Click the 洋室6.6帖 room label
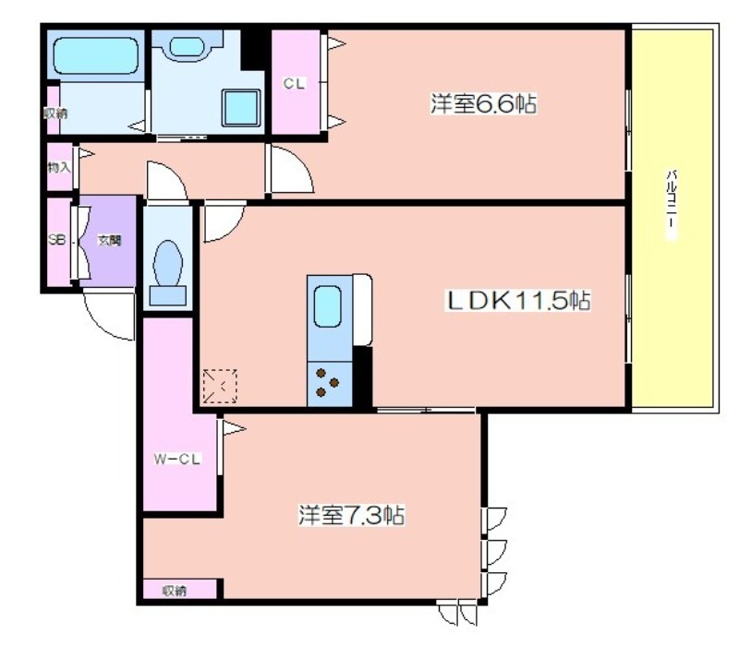483,103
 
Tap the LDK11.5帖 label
518,300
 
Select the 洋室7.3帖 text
351,515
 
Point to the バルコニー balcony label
672,205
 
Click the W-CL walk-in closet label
177,459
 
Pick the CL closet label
294,83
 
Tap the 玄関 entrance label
109,240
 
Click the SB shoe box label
56,239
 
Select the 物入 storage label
59,167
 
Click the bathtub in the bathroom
96,55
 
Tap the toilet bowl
168,263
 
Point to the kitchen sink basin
327,306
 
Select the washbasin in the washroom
187,46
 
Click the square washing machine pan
241,107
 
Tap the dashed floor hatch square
220,387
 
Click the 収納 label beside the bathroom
55,113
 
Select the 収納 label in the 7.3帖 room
175,591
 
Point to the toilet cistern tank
168,296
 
